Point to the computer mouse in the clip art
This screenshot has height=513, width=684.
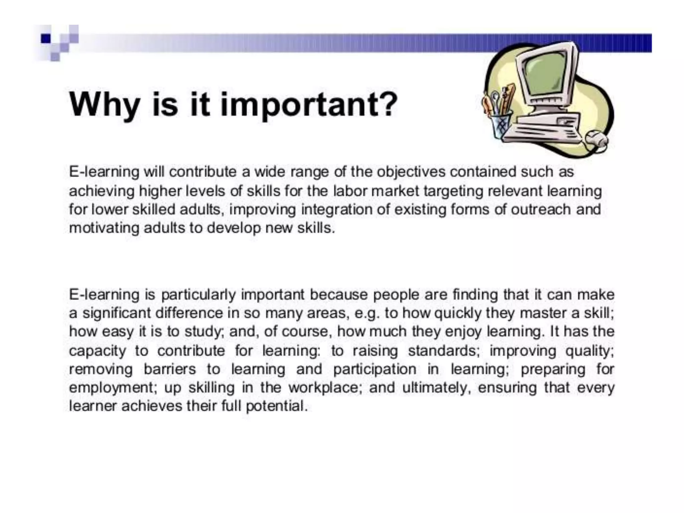click(596, 140)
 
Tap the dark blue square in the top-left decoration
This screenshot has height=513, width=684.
click(46, 39)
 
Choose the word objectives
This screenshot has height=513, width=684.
click(411, 172)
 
